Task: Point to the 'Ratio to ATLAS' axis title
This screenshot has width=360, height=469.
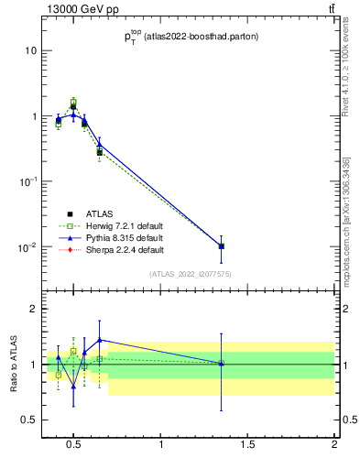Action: pyautogui.click(x=12, y=365)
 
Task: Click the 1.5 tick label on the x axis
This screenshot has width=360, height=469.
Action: pyautogui.click(x=248, y=445)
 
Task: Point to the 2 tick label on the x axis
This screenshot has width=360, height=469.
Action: pyautogui.click(x=334, y=445)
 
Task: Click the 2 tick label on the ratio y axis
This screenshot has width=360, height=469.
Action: pyautogui.click(x=30, y=309)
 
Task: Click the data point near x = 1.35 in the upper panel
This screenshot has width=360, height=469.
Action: pyautogui.click(x=221, y=246)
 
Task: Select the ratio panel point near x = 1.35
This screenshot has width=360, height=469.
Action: pyautogui.click(x=221, y=364)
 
